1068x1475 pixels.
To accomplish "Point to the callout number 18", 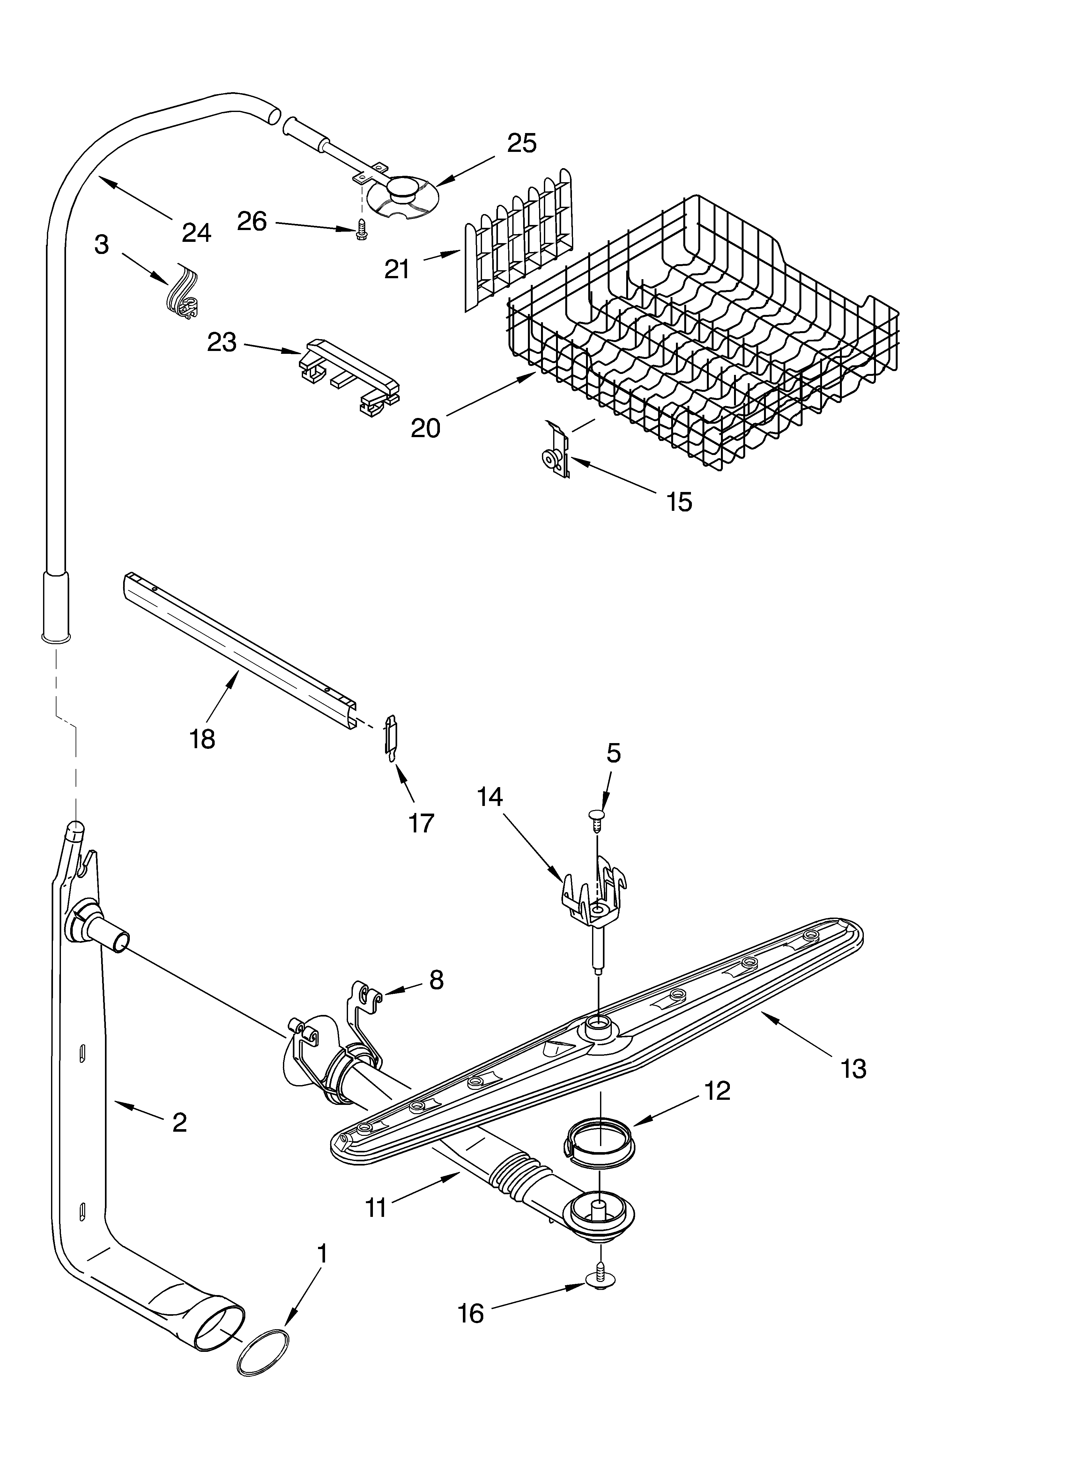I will [x=203, y=739].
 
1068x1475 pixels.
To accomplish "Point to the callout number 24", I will [x=197, y=232].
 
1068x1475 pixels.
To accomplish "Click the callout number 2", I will [x=180, y=1122].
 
